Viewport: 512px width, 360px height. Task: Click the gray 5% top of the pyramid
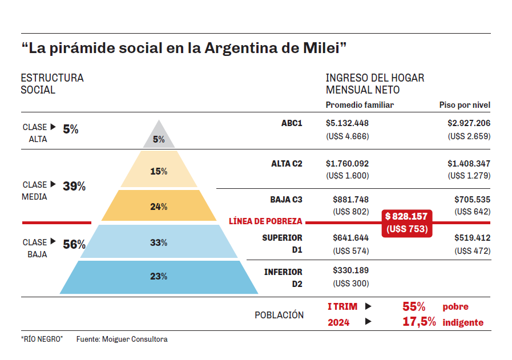point(159,137)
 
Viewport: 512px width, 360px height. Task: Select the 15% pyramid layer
point(159,171)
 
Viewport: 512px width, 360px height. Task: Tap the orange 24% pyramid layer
point(159,207)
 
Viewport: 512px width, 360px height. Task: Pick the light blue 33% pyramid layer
point(159,242)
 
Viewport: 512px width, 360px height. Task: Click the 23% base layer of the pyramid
point(159,277)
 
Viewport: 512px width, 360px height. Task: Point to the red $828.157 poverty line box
point(406,223)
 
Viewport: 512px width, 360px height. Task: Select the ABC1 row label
point(292,123)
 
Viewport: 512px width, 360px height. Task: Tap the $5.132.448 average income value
point(347,123)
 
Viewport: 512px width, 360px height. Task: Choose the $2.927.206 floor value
point(469,123)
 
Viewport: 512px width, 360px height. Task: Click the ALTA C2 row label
point(287,164)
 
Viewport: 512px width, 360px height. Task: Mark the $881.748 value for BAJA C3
point(350,199)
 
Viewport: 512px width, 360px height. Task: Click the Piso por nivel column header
point(465,105)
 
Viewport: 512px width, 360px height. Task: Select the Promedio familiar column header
point(360,105)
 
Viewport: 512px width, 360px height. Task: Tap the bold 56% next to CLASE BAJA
point(74,245)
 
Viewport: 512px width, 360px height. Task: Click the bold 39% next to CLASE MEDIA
point(74,186)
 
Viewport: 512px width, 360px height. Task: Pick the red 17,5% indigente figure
point(419,322)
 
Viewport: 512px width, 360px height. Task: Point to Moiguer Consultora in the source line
point(135,339)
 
